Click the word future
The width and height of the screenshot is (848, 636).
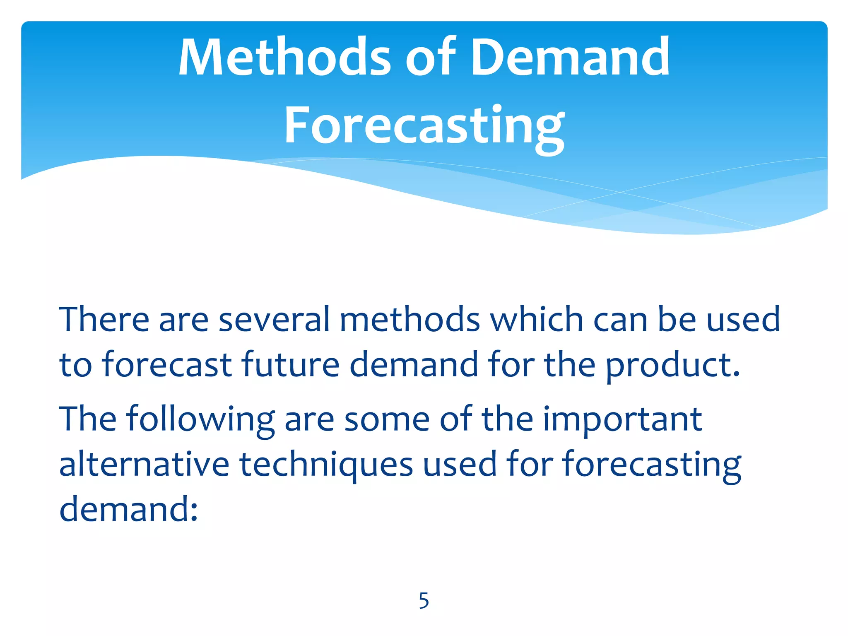tap(290, 364)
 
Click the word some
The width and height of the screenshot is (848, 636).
tap(387, 419)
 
